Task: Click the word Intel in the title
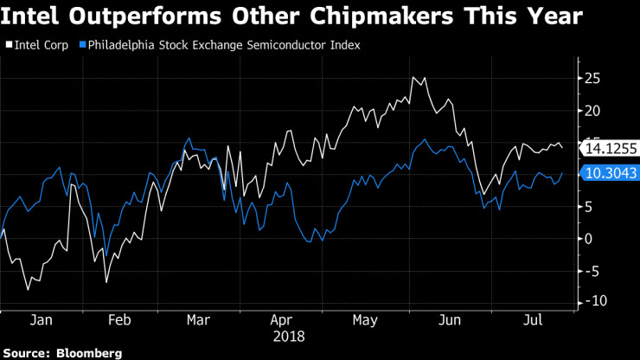35,16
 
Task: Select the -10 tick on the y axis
595,301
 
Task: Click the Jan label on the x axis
42,320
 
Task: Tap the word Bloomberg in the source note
89,353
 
